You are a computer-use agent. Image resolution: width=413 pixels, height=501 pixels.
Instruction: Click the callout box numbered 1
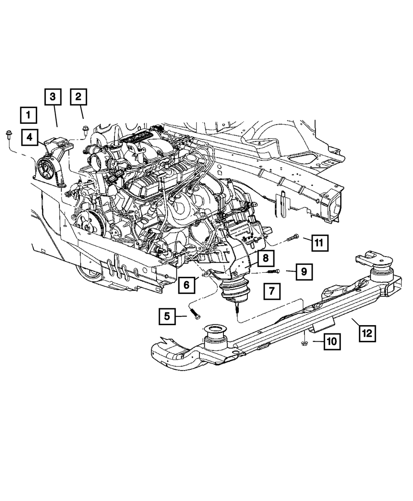[28, 115]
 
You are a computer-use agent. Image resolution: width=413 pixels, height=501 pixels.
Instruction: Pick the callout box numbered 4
[30, 137]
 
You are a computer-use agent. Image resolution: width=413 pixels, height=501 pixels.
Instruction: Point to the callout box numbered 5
[167, 317]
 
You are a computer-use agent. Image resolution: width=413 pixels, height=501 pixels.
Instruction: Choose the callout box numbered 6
[186, 284]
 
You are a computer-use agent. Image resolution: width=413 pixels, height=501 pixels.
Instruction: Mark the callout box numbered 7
[272, 291]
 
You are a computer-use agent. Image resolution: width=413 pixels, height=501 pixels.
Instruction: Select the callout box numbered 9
[304, 272]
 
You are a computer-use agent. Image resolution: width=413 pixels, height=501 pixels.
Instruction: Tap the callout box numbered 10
[332, 341]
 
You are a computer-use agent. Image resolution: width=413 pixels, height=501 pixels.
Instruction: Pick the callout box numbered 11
[319, 243]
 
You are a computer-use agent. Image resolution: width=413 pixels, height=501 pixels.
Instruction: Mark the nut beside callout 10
[304, 342]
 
